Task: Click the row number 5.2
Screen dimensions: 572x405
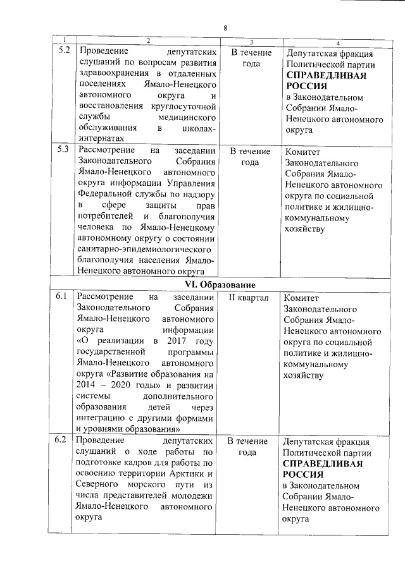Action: coord(63,51)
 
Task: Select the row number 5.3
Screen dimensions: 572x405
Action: coord(63,150)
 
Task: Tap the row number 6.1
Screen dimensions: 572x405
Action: coord(61,296)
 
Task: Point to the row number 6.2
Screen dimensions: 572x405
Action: coord(61,440)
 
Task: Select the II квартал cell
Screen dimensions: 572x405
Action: coord(248,297)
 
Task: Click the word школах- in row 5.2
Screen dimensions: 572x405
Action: coord(201,128)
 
